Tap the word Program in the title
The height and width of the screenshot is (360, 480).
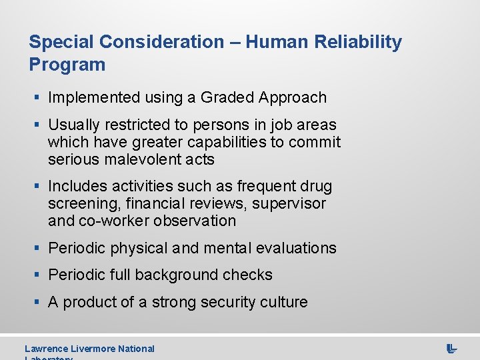pos(67,65)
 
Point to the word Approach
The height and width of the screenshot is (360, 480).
pos(293,97)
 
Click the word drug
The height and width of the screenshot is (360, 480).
pos(316,186)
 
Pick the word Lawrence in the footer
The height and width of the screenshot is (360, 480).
pos(47,349)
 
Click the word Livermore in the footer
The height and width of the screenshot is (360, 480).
pos(95,349)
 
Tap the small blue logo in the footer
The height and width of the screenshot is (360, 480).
pos(451,349)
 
